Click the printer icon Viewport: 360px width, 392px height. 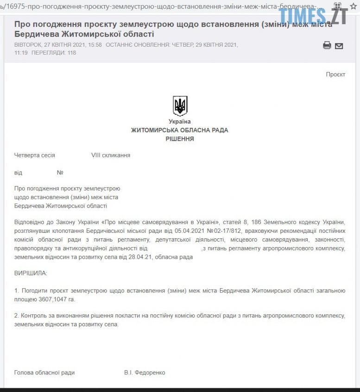tap(327, 45)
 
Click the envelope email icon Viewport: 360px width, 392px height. tap(339, 46)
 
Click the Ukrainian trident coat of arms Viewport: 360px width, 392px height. tap(180, 106)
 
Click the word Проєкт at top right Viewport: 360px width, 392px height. tap(335, 75)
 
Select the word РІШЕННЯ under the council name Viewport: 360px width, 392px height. tap(180, 139)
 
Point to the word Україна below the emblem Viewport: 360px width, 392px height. tap(180, 122)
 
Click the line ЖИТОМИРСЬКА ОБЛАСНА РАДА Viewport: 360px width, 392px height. tap(180, 131)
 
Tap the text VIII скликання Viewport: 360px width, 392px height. tap(111, 156)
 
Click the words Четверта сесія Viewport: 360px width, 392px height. tap(35, 156)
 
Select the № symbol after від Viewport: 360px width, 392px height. tap(60, 173)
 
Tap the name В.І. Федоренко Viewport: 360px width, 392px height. tap(145, 373)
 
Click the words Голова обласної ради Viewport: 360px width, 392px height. tap(44, 373)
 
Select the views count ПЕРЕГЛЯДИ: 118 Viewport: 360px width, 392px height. tap(54, 53)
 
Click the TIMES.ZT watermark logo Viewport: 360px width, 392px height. tap(313, 16)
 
